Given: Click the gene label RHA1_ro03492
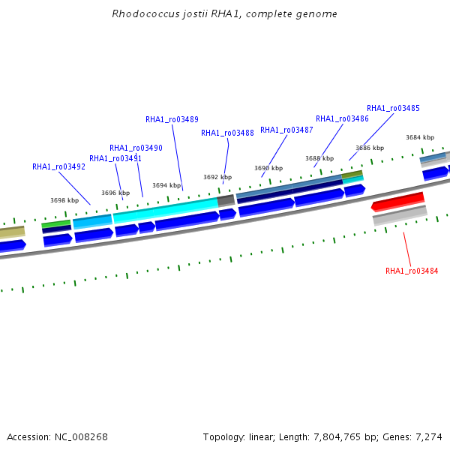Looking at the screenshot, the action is coord(58,166).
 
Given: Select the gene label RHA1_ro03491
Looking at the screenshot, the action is coord(115,158).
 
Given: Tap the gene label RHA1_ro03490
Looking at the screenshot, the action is coord(136,148).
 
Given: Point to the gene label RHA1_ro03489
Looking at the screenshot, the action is coord(172,119).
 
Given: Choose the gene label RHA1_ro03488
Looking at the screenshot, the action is coord(227,133).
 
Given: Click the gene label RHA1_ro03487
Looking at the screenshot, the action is coord(286,130).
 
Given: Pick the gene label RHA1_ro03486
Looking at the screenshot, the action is coord(342,118).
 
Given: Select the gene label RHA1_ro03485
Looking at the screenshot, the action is coord(393,108).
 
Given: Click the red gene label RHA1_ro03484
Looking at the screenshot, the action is coord(412,271).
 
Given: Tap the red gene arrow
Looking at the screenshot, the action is coord(397,202).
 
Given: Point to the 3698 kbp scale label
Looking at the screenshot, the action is coord(64,200).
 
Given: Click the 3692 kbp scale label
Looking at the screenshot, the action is coord(217,177).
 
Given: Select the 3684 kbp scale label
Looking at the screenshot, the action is coord(420,137).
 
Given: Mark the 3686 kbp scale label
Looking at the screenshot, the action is coord(370,148).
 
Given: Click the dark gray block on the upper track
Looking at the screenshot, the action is coord(226,200).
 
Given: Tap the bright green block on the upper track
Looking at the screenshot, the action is coord(56,223).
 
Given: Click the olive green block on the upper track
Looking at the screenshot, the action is coord(352,174).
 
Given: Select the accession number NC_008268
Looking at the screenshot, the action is coord(81,437).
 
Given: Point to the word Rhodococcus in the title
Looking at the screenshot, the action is coord(145,13).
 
